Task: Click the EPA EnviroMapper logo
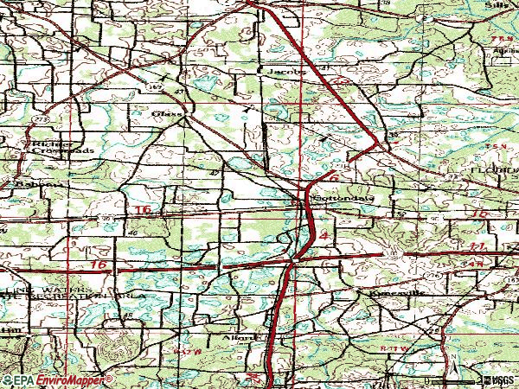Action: (x=56, y=379)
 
